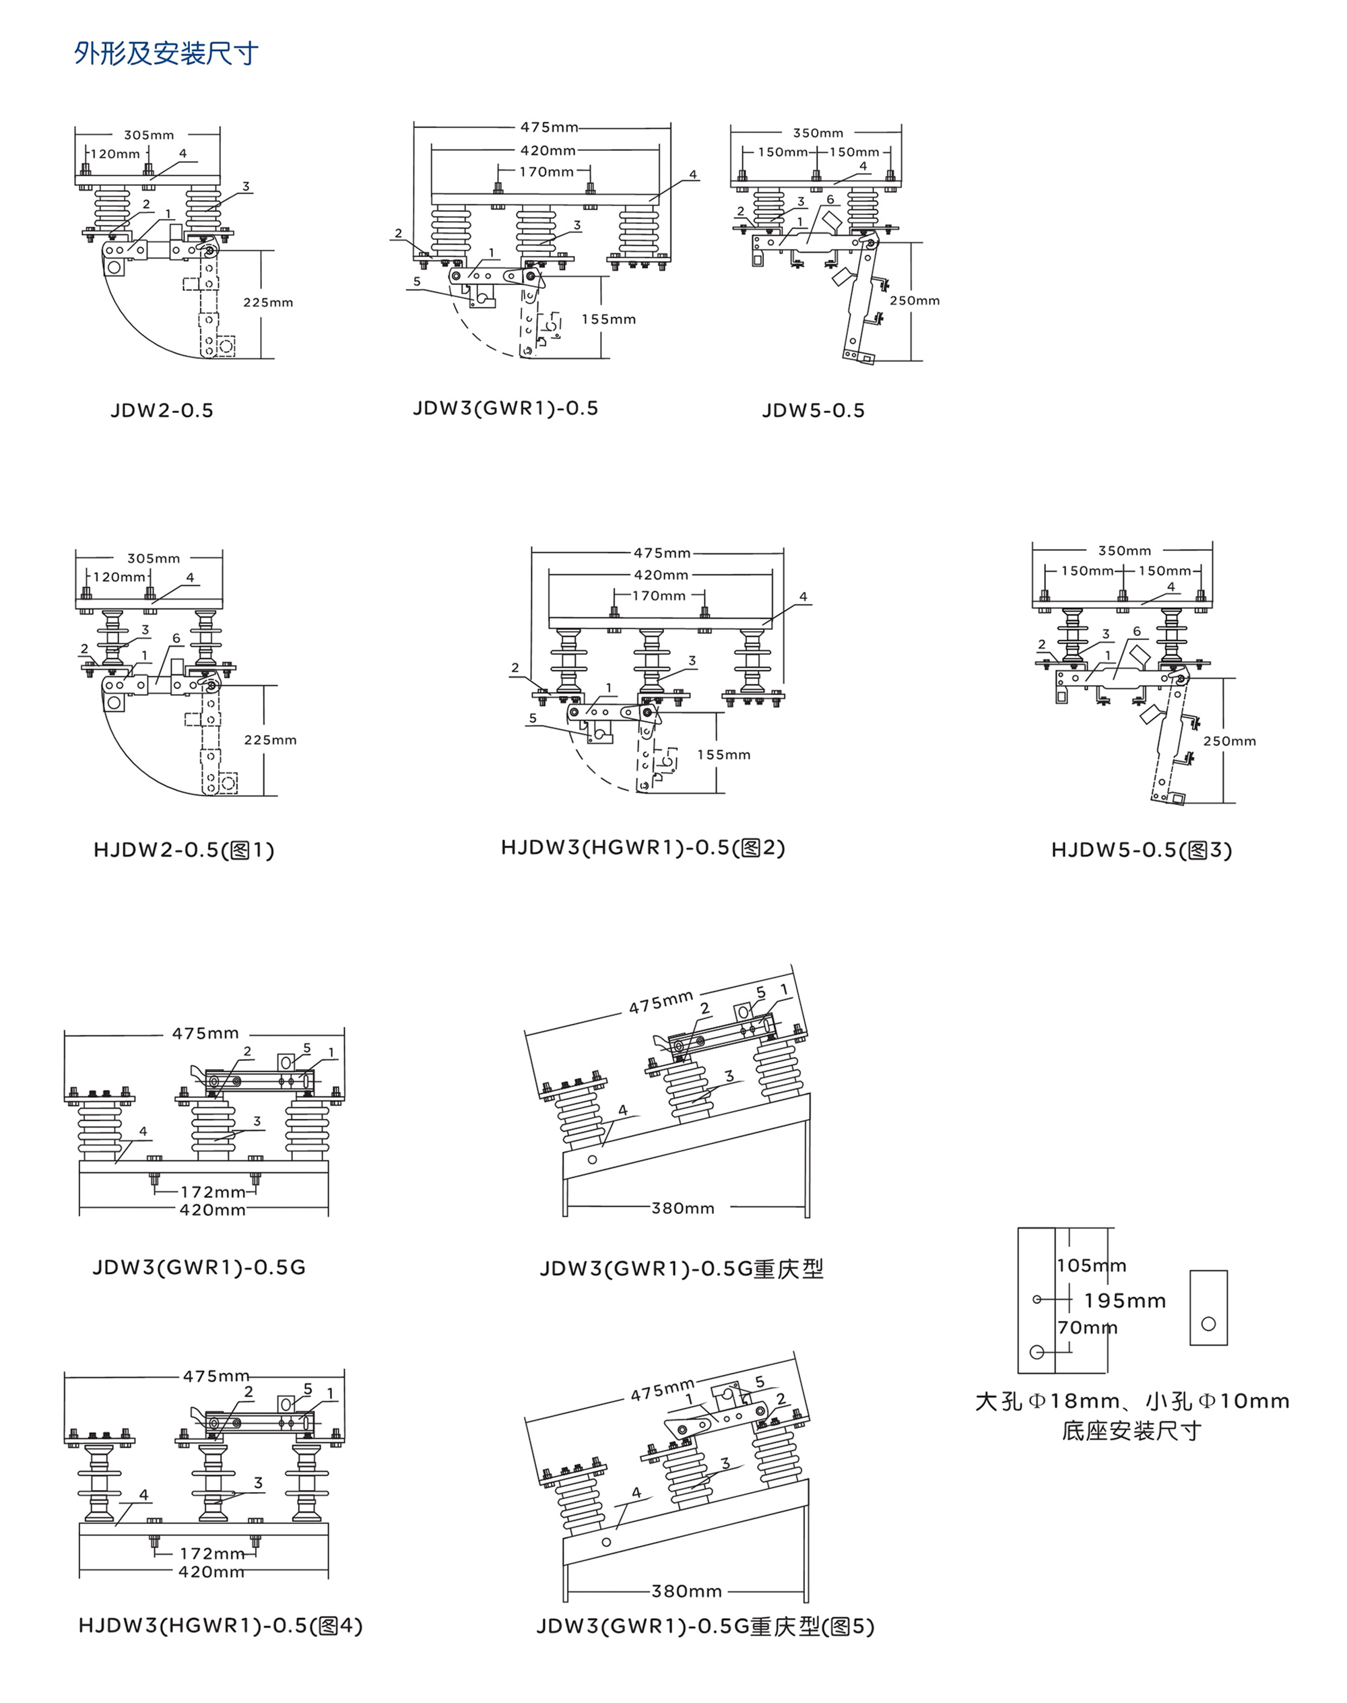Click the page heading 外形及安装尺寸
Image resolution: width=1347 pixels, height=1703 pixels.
[x=166, y=54]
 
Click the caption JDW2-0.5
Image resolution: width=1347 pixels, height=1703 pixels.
[x=162, y=410]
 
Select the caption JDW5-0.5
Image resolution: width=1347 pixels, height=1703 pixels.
[x=813, y=410]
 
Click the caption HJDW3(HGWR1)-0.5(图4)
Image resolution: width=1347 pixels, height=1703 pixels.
[x=220, y=1626]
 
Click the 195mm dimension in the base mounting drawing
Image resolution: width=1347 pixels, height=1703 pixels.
[x=1125, y=1301]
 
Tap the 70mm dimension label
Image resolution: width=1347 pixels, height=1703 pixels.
[x=1087, y=1328]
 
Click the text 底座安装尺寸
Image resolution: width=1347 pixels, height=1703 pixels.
[x=1131, y=1431]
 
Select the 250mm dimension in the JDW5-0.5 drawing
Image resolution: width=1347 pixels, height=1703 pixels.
[x=915, y=300]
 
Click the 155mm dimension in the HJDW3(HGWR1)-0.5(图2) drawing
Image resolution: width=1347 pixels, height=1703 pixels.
[x=723, y=755]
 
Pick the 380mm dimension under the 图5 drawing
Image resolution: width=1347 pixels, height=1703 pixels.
[x=686, y=1591]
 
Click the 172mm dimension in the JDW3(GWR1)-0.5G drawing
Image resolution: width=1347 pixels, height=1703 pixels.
[x=213, y=1192]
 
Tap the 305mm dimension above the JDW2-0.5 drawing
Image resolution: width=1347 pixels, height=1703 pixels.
[x=149, y=135]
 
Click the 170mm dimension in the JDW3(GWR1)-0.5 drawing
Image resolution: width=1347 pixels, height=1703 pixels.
[x=546, y=171]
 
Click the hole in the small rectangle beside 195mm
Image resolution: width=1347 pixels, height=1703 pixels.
[x=1208, y=1324]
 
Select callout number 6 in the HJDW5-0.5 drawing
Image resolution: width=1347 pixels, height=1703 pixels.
[x=1136, y=631]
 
